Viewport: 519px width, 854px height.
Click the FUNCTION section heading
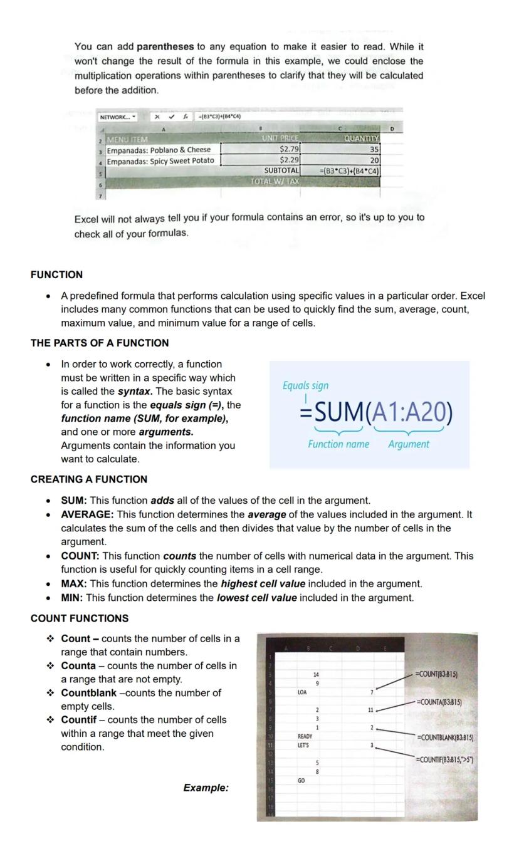[56, 274]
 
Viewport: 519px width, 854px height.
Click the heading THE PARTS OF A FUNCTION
[100, 343]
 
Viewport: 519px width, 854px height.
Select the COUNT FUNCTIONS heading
[80, 618]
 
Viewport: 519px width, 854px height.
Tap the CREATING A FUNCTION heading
[89, 479]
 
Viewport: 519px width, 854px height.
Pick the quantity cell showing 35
[374, 149]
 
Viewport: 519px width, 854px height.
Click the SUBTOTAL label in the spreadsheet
[281, 170]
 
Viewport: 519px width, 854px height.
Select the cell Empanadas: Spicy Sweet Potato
[160, 160]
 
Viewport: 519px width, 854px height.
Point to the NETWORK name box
[118, 117]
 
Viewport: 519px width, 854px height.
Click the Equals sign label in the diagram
[305, 385]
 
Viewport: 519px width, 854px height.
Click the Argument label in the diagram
[409, 444]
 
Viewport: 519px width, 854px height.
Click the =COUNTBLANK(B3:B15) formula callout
[445, 737]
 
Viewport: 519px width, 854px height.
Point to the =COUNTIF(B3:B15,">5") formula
[444, 759]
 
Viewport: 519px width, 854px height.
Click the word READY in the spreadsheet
[305, 736]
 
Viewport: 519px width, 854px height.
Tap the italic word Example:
[206, 788]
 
